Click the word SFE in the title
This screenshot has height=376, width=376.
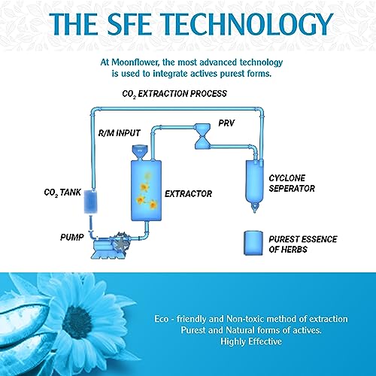pyautogui.click(x=129, y=24)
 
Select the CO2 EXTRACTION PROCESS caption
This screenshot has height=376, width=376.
pyautogui.click(x=174, y=94)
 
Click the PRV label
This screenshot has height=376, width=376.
pyautogui.click(x=226, y=123)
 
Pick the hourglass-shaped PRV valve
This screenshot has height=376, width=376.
pyautogui.click(x=202, y=136)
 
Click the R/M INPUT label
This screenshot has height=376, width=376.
pyautogui.click(x=119, y=133)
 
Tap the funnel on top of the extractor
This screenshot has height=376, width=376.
pyautogui.click(x=140, y=152)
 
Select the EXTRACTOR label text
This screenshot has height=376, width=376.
pyautogui.click(x=188, y=193)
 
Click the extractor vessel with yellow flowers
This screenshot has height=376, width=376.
pyautogui.click(x=146, y=190)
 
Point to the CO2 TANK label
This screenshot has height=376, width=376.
pyautogui.click(x=62, y=193)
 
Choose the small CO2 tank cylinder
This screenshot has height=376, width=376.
pyautogui.click(x=90, y=202)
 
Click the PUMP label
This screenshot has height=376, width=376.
pyautogui.click(x=72, y=237)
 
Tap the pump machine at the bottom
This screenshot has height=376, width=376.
pyautogui.click(x=111, y=246)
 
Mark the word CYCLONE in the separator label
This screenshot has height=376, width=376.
pyautogui.click(x=287, y=178)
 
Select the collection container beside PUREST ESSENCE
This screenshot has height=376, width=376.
pyautogui.click(x=253, y=243)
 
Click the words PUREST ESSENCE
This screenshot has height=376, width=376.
pyautogui.click(x=303, y=239)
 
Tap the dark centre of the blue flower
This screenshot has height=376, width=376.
pyautogui.click(x=77, y=321)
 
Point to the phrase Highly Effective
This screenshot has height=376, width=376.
pyautogui.click(x=251, y=341)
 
